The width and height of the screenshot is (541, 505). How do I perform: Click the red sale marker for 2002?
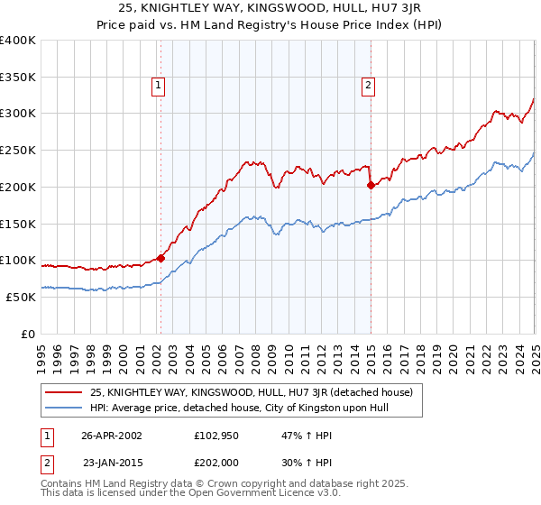point(161,258)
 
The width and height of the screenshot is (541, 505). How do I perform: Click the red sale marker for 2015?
point(371,186)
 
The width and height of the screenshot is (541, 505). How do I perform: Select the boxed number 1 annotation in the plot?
point(159,86)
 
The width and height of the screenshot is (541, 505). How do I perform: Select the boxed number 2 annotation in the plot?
point(369,86)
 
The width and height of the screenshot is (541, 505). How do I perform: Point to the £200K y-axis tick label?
point(18,187)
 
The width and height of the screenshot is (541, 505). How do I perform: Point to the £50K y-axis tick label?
point(21,297)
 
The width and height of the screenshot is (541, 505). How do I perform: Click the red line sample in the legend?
point(64,392)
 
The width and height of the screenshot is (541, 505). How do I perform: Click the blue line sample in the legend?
point(64,408)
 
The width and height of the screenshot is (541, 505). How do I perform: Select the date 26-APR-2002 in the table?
point(112,435)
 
